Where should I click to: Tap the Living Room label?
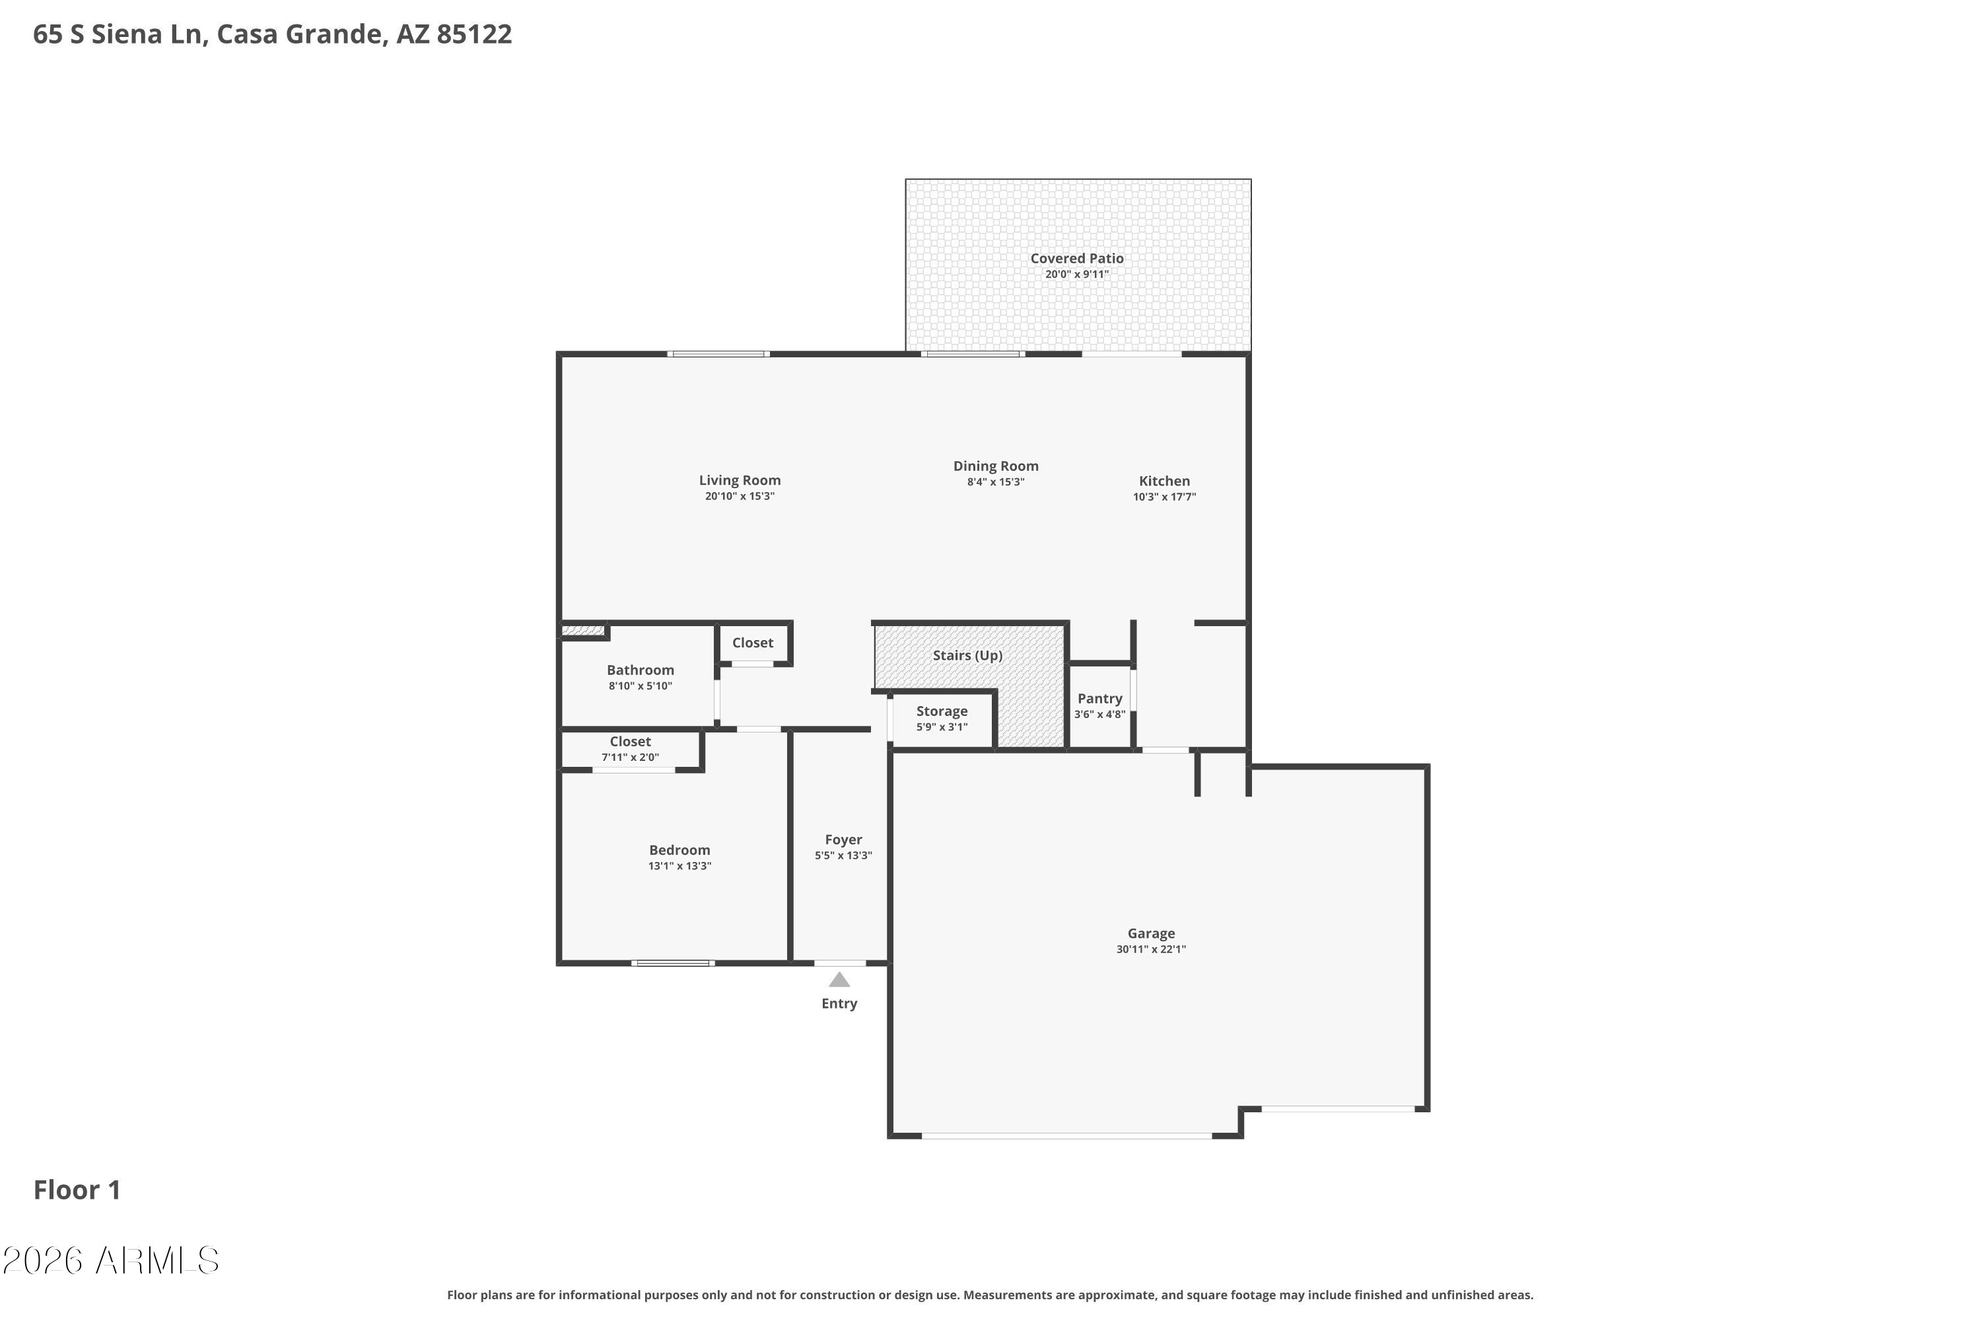[x=740, y=480]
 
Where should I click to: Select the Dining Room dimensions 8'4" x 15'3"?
[x=996, y=483]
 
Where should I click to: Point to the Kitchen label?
[x=1164, y=481]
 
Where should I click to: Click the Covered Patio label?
[x=1077, y=259]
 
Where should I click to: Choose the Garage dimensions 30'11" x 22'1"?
[x=1152, y=950]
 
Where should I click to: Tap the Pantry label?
[x=1100, y=698]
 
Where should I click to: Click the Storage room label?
[x=942, y=711]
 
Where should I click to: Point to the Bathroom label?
[x=640, y=670]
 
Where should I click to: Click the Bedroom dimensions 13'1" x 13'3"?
[x=679, y=866]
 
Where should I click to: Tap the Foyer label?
[x=843, y=840]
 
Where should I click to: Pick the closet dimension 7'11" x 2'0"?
[x=630, y=758]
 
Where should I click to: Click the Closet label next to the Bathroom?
[x=752, y=643]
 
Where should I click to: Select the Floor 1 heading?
[x=77, y=1190]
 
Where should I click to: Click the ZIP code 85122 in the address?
[x=474, y=34]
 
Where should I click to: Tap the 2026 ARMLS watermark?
[x=110, y=1261]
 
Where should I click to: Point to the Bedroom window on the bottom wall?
[x=673, y=963]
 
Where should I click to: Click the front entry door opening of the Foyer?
[x=840, y=963]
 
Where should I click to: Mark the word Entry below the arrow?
[x=839, y=1003]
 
